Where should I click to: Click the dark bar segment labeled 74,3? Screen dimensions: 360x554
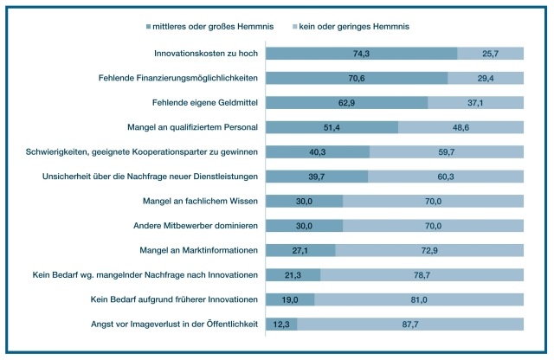point(361,54)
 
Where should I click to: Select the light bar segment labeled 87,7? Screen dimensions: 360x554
point(410,325)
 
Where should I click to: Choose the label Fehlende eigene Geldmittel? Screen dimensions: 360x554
point(205,102)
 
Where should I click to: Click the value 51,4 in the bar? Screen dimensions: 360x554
point(332,127)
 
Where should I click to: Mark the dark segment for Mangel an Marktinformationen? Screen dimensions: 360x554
point(300,251)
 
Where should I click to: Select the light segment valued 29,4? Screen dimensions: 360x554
point(486,78)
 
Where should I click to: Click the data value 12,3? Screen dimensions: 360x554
point(281,325)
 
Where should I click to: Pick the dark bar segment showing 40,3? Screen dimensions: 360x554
point(318,152)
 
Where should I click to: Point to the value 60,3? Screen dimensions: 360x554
point(447,177)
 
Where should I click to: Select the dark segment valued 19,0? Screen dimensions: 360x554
point(290,300)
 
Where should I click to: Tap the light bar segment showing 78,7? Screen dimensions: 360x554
point(422,275)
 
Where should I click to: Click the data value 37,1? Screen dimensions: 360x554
point(476,102)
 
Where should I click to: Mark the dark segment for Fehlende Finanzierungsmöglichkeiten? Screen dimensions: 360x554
point(357,78)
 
